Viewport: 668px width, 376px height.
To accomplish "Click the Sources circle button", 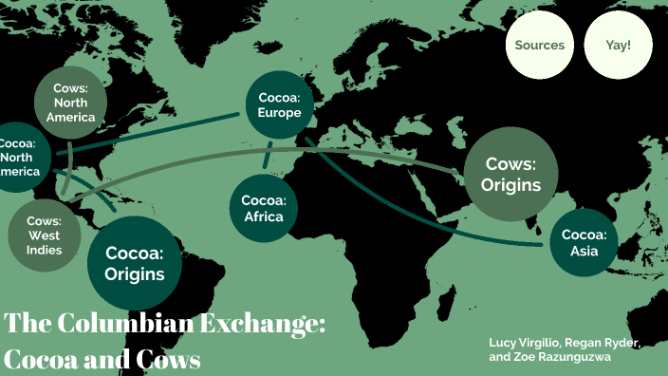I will click(539, 45).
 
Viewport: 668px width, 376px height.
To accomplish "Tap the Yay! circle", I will click(618, 45).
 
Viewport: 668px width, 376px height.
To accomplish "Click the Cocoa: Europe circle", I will click(279, 105).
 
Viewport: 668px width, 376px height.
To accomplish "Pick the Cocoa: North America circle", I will click(17, 158).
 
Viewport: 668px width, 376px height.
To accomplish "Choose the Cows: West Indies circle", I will click(45, 234).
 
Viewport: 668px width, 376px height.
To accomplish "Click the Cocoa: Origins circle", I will click(135, 264).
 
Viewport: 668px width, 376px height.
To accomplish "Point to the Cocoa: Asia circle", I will click(583, 242).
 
